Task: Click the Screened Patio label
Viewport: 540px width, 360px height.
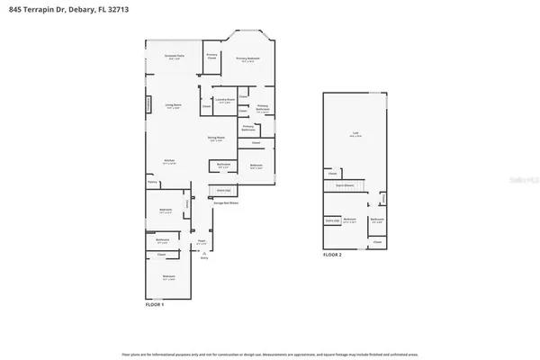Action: tap(175, 57)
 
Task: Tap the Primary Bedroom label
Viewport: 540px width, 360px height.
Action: tap(248, 59)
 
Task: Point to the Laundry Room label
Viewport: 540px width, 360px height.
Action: tap(224, 101)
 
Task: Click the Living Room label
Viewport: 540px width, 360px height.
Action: tap(174, 106)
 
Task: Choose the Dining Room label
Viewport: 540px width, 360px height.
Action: tap(216, 139)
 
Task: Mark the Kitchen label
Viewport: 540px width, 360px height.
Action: tap(168, 161)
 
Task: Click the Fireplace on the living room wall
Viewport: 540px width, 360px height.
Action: tap(149, 105)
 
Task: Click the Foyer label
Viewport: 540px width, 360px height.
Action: tap(202, 244)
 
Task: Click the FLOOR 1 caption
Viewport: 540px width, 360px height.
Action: tap(155, 305)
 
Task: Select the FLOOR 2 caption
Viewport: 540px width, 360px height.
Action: tap(332, 255)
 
